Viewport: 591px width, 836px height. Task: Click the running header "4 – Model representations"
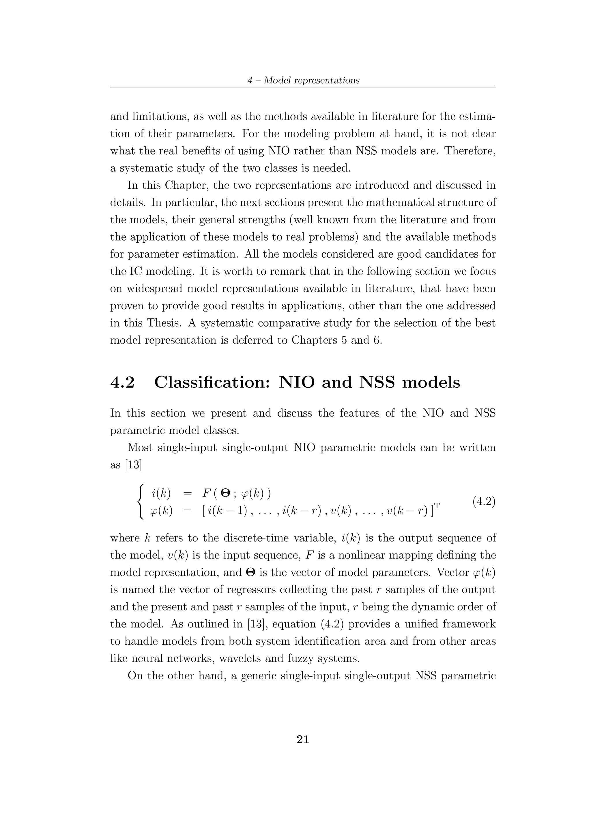pyautogui.click(x=303, y=80)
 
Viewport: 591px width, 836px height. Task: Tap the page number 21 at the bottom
pyautogui.click(x=303, y=740)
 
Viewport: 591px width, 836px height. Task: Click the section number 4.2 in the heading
pyautogui.click(x=122, y=382)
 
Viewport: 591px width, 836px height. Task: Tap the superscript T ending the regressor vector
pyautogui.click(x=437, y=506)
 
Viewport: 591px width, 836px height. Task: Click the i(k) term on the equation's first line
pyautogui.click(x=161, y=494)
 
